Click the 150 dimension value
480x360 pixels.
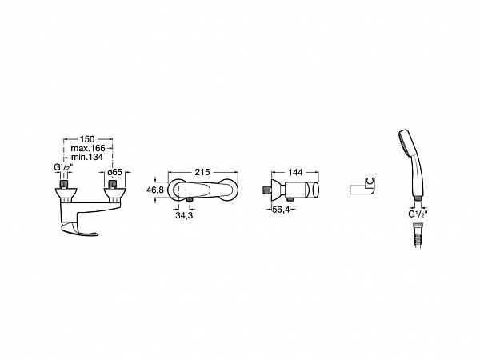pos(87,139)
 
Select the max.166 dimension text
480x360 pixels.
pos(88,148)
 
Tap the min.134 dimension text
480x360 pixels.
pos(87,158)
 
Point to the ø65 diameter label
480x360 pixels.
pos(115,172)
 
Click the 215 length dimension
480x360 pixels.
pos(202,172)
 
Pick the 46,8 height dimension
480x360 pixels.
pos(155,190)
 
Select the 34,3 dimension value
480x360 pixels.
pos(184,215)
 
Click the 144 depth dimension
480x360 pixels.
pos(295,172)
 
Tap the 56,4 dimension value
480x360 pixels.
pos(281,210)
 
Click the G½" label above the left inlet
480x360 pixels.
pos(63,167)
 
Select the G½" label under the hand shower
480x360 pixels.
pos(418,214)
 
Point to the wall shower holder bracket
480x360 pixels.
pos(362,186)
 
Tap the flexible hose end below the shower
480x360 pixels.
pos(418,234)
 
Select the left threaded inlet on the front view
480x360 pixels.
pos(63,184)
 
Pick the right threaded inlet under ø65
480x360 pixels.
pos(113,184)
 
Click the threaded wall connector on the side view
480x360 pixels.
pos(266,190)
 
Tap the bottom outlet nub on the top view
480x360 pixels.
pos(190,199)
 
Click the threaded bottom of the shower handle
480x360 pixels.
pos(418,198)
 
